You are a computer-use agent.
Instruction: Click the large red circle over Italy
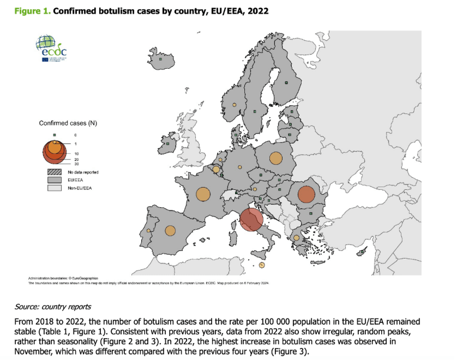click(251, 219)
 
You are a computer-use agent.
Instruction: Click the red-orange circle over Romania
click(306, 194)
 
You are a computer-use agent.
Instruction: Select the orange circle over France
click(203, 194)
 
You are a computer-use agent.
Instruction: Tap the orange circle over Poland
click(276, 158)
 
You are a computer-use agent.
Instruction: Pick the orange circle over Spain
click(170, 231)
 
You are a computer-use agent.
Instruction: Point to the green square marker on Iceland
click(161, 59)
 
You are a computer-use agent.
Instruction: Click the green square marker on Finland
click(286, 83)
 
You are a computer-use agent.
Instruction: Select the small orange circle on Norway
click(234, 105)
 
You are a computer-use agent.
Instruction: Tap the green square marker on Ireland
click(168, 144)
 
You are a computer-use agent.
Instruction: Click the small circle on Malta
click(262, 265)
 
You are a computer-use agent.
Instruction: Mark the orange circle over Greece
click(296, 238)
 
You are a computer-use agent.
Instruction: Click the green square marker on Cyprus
click(362, 252)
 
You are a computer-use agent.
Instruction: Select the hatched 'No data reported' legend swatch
click(54, 172)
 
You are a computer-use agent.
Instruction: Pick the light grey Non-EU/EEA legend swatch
click(54, 188)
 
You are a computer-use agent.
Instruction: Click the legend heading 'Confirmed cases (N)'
click(68, 123)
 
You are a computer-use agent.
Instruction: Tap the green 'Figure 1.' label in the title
click(32, 11)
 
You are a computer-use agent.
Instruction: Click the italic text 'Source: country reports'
click(53, 307)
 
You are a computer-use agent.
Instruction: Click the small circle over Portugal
click(148, 230)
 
